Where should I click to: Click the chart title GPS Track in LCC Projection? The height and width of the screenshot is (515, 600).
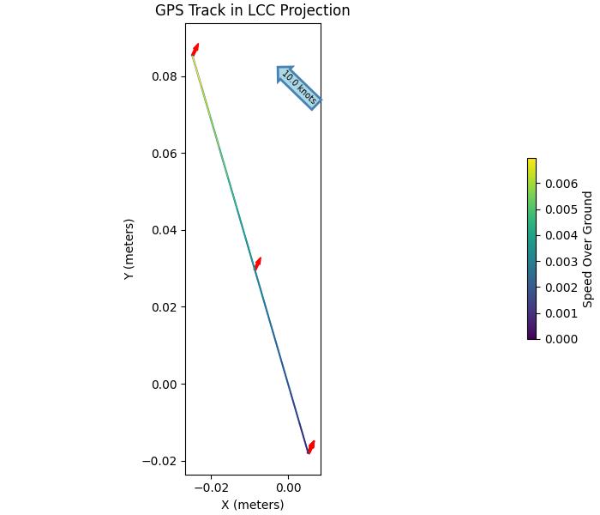(252, 11)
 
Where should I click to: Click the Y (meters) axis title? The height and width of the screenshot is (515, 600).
(129, 249)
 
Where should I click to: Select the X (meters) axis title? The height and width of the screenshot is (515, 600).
(252, 505)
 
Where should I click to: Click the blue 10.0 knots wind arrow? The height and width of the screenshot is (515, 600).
(298, 88)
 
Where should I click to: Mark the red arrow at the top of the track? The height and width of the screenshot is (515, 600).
(195, 50)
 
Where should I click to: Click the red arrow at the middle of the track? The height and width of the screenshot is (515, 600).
(257, 264)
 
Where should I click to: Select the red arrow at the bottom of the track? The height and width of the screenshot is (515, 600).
(311, 447)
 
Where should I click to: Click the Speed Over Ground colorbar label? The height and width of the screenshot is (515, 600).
(588, 249)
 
